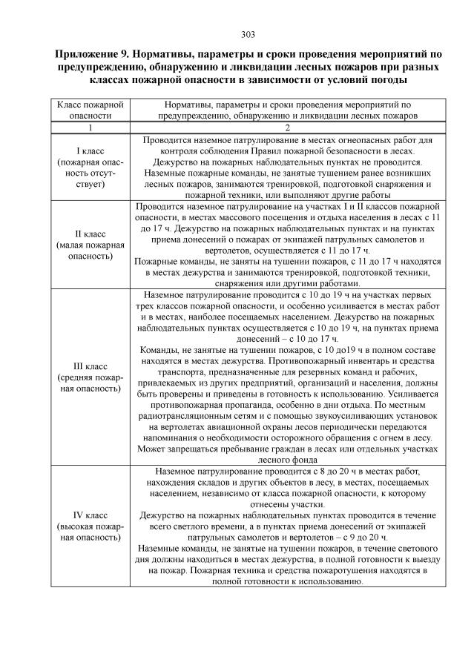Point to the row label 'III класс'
point(84,366)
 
